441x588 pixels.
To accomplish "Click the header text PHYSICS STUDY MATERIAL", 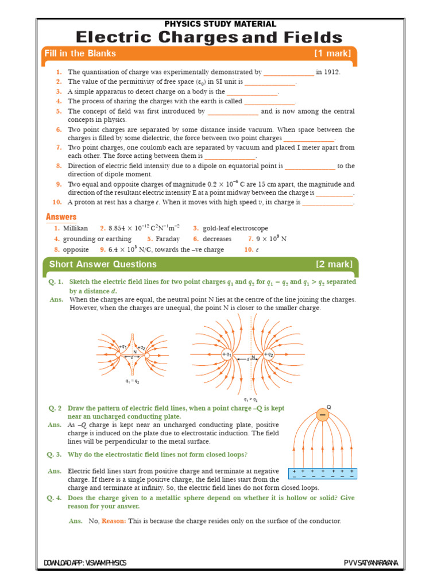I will coord(220,24).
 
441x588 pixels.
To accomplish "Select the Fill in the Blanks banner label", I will coord(80,54).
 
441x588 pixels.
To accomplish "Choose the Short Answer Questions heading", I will coord(103,264).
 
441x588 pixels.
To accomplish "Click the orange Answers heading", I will coord(61,217).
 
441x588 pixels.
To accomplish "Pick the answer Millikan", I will coord(75,229).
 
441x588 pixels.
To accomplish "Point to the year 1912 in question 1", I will coord(331,72).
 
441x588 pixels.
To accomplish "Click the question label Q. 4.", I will coord(55,498).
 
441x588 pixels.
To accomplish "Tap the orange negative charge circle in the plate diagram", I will coord(323,415).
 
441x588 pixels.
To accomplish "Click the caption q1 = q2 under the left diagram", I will coord(133,380).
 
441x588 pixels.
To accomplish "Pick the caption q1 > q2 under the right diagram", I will coord(250,399).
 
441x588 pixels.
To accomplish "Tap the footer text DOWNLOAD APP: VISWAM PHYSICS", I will coord(85,563).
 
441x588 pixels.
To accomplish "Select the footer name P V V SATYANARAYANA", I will coord(372,563).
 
